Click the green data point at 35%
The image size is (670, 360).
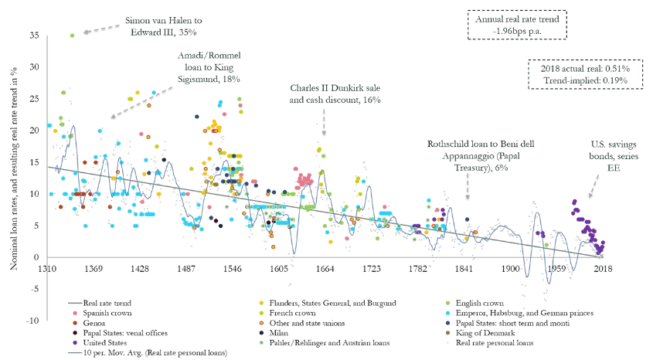click(72, 36)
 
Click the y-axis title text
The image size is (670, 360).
click(14, 178)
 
